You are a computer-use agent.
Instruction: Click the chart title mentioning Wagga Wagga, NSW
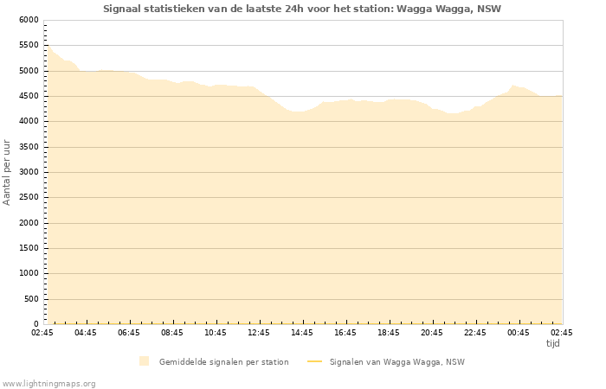[302, 9]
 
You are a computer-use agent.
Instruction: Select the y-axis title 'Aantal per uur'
[8, 171]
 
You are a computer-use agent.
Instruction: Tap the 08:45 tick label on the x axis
[172, 332]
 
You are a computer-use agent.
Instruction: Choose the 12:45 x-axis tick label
[259, 332]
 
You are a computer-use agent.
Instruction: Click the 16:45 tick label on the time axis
[345, 332]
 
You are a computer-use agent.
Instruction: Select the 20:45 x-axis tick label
[432, 332]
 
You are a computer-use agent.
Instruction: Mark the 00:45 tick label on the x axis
[519, 332]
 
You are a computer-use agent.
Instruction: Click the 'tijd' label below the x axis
[552, 343]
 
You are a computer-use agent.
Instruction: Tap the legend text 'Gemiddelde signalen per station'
[223, 361]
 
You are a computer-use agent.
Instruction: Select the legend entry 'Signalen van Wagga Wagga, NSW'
[396, 361]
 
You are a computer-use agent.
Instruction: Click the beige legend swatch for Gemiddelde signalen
[144, 361]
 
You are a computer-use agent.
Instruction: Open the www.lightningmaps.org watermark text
[49, 383]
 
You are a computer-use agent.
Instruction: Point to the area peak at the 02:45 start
[48, 45]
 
